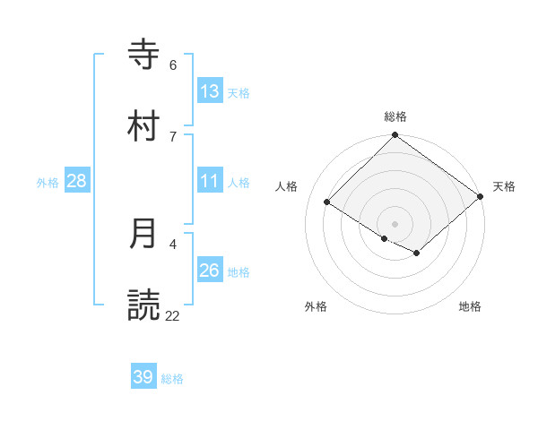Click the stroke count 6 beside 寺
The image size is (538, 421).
173,64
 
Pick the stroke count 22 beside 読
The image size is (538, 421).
173,315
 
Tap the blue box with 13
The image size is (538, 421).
210,91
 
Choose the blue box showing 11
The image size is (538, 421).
210,181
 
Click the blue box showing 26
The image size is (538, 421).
210,271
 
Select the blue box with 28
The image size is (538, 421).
77,181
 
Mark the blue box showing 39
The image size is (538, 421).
143,377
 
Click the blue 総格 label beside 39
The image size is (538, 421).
172,379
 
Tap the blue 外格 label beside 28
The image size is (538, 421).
48,183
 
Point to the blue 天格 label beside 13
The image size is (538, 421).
239,93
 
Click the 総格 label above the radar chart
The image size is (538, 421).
395,116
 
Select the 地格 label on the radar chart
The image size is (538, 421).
470,306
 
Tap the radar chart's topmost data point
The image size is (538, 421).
395,136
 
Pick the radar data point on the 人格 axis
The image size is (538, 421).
327,202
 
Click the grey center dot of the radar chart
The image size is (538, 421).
395,224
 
